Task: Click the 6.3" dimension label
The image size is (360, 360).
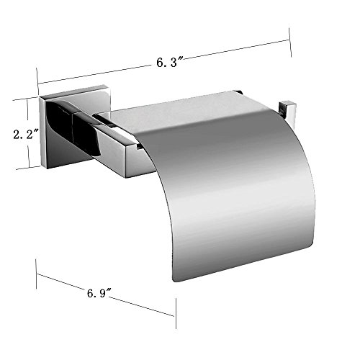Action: [x=170, y=62]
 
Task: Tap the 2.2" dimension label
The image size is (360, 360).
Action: [x=26, y=135]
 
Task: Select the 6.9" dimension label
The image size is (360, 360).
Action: [x=99, y=293]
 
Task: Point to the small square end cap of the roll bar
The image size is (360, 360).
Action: [x=287, y=113]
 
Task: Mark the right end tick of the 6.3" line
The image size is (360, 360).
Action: [x=290, y=42]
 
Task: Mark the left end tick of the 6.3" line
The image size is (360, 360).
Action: [x=37, y=81]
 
